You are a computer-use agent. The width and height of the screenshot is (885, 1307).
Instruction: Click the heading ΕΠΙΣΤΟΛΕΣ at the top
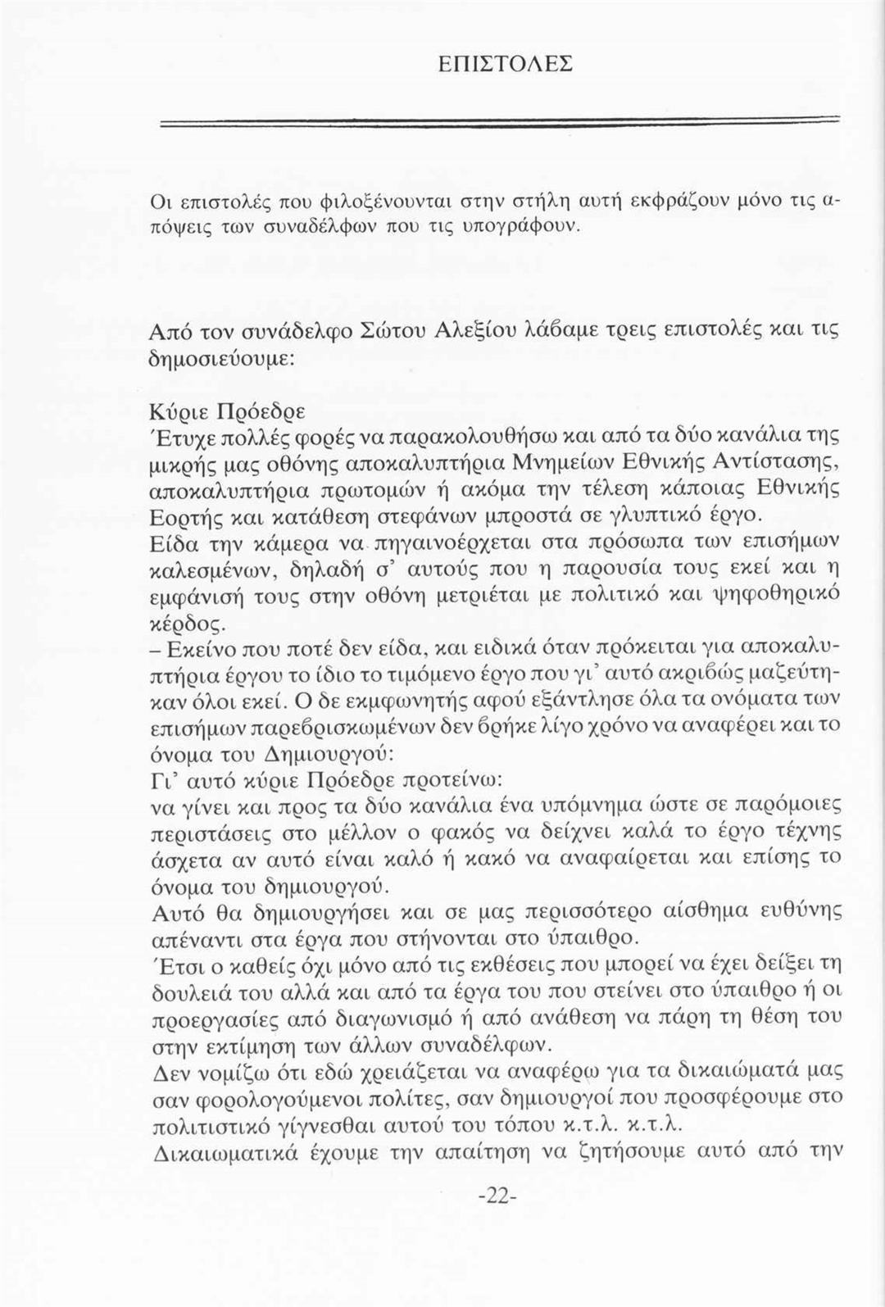click(505, 63)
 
